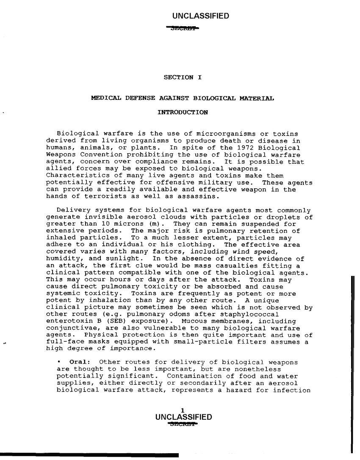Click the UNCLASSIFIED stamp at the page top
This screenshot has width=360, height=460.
coord(201,17)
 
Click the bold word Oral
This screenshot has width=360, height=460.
coord(78,362)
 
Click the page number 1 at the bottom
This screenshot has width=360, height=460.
coord(182,409)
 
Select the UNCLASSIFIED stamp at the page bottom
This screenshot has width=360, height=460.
coord(184,417)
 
